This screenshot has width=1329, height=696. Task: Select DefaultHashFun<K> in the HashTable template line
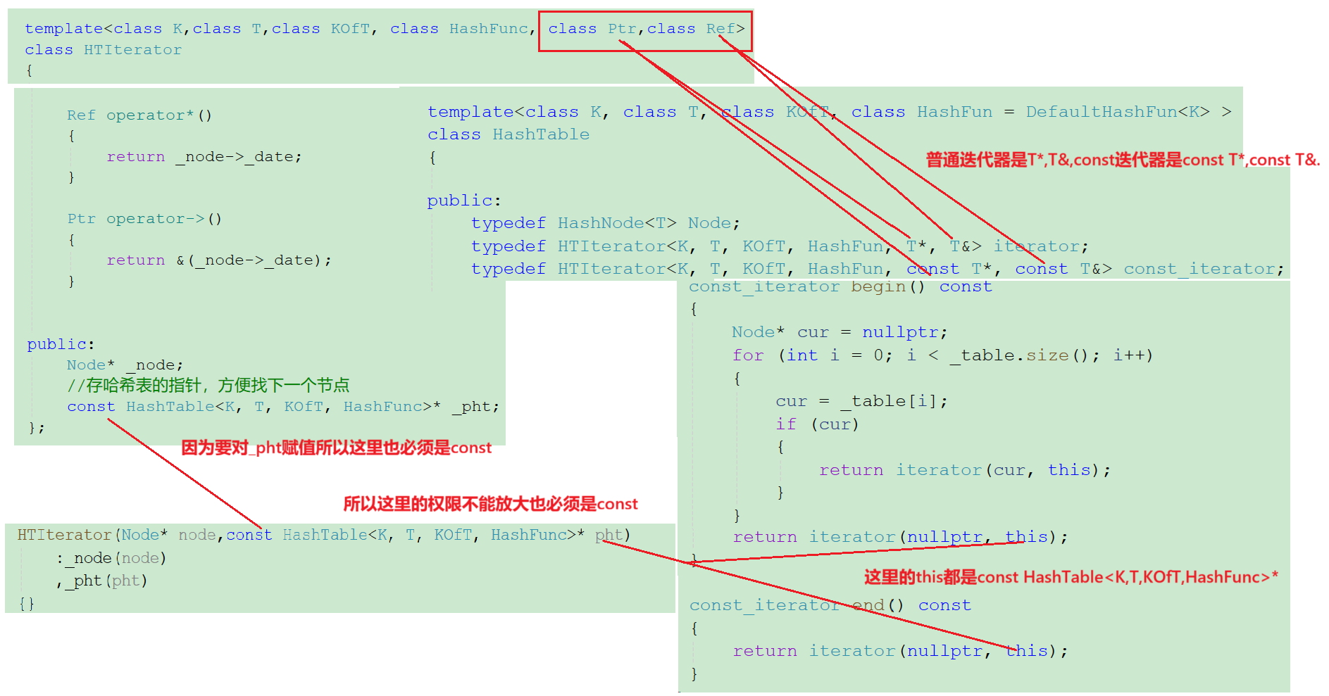click(x=1117, y=112)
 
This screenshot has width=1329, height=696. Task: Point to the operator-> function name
click(x=156, y=219)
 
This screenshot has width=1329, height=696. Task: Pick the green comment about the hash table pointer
click(x=208, y=386)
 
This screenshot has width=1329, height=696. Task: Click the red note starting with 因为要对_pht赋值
click(x=336, y=448)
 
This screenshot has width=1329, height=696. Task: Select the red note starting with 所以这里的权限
click(x=490, y=504)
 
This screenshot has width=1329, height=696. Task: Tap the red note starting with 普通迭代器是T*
click(x=1122, y=160)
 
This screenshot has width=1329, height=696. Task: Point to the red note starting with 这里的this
click(x=1071, y=578)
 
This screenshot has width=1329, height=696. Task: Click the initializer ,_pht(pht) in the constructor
click(x=102, y=581)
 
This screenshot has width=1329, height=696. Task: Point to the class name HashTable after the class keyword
click(x=541, y=134)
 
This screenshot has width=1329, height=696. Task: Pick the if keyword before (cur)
click(x=786, y=424)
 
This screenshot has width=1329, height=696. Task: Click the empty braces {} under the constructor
click(x=27, y=604)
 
